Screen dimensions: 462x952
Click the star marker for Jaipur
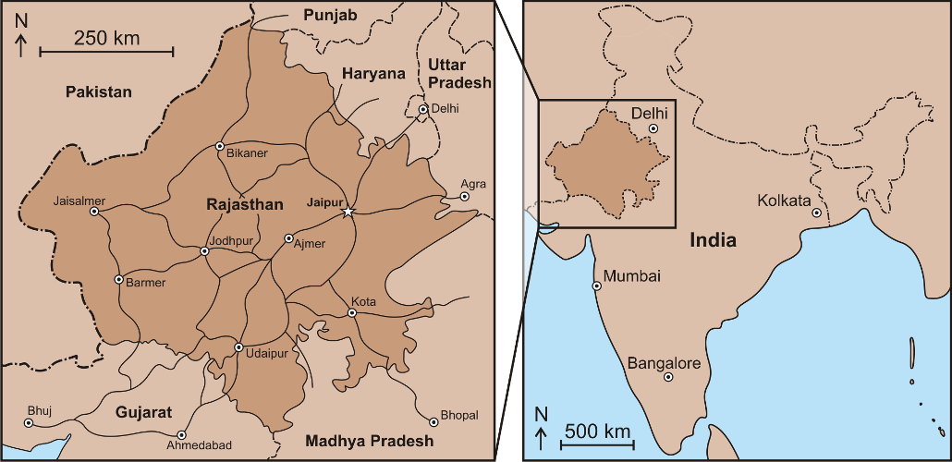pos(348,212)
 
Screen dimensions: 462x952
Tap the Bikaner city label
pos(247,153)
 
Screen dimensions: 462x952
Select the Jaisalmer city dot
pos(94,211)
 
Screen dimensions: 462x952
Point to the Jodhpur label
pos(231,241)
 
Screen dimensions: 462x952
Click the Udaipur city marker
pos(238,347)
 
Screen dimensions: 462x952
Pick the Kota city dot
pos(352,313)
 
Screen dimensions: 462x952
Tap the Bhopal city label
pos(459,416)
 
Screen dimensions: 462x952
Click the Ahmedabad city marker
pos(181,434)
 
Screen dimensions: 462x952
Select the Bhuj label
pos(40,410)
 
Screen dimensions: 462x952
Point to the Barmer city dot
pos(118,279)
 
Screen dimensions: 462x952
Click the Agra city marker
pos(465,196)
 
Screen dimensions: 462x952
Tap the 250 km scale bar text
pos(107,39)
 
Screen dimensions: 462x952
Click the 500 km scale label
pos(597,431)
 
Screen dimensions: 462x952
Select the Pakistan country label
pos(99,91)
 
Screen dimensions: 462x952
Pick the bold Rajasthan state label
pos(244,204)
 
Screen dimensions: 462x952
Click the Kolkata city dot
pos(817,213)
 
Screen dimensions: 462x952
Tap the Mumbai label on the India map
pos(632,276)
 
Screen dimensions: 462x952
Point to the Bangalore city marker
pos(668,377)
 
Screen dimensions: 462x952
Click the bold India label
pos(714,240)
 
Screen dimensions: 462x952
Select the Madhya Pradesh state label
pos(369,440)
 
